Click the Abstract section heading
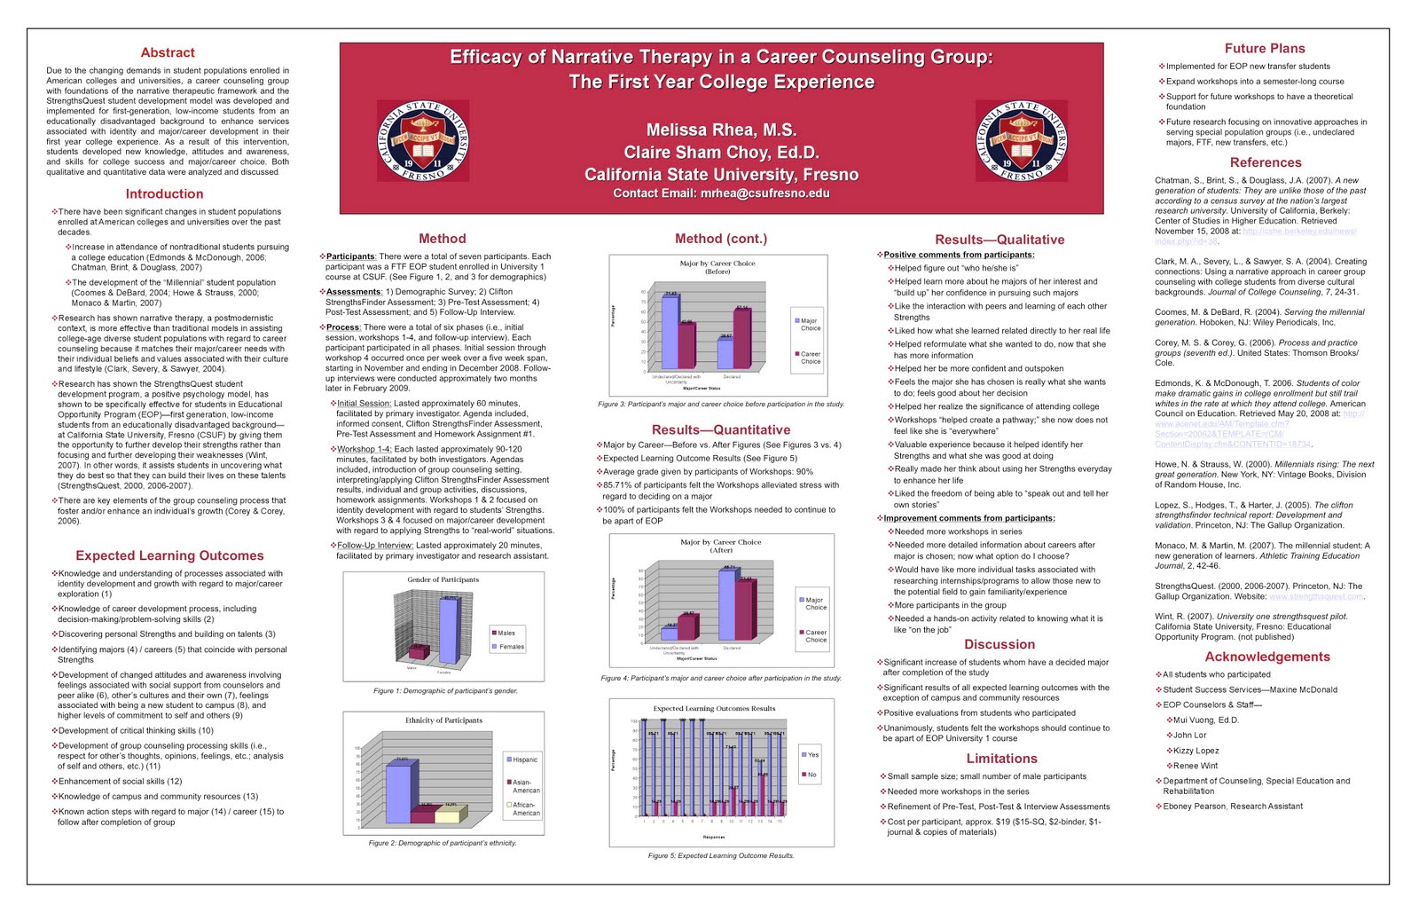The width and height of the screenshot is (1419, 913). pyautogui.click(x=168, y=52)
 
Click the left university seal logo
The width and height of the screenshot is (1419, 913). pyautogui.click(x=423, y=140)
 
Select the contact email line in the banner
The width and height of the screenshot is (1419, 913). pyautogui.click(x=721, y=193)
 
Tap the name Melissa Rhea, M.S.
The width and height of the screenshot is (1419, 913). pyautogui.click(x=721, y=130)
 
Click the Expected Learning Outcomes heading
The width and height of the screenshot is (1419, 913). pyautogui.click(x=169, y=555)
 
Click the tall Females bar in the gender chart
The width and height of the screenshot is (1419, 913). pyautogui.click(x=450, y=631)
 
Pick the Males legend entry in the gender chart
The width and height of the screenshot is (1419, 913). pyautogui.click(x=506, y=633)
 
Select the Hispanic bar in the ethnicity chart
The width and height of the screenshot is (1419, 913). pyautogui.click(x=397, y=792)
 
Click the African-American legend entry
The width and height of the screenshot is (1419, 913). pyautogui.click(x=525, y=808)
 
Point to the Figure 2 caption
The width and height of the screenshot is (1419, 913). pyautogui.click(x=443, y=843)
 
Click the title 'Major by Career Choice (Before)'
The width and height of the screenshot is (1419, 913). pyautogui.click(x=717, y=267)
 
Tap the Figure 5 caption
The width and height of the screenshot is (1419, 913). pyautogui.click(x=721, y=855)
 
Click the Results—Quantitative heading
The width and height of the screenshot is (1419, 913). pyautogui.click(x=721, y=429)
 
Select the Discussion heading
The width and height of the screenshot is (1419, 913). pyautogui.click(x=1000, y=644)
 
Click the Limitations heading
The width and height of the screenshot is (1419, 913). pyautogui.click(x=1001, y=759)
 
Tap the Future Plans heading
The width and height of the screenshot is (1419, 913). pyautogui.click(x=1265, y=49)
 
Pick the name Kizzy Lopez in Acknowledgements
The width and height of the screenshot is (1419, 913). pyautogui.click(x=1196, y=751)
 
